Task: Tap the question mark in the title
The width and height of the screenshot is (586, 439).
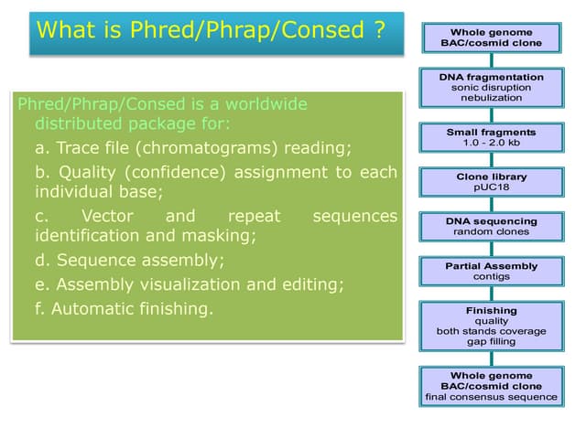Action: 378,29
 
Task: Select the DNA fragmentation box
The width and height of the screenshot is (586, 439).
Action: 492,87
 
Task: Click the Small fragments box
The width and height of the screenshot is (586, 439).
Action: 492,138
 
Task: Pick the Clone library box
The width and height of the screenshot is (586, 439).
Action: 492,181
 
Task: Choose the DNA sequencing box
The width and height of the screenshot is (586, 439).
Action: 492,226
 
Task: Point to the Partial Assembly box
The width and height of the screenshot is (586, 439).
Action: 492,271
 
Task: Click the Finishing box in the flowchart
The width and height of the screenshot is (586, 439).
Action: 492,326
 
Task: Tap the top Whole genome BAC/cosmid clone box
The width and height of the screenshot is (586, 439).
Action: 492,37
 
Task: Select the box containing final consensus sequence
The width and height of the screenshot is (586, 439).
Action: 492,386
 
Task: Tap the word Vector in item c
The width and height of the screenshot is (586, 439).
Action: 107,216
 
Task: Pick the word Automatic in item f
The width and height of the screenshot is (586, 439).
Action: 87,308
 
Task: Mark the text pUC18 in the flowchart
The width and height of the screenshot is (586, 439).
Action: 492,187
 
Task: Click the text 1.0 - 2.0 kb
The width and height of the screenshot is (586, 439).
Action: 492,144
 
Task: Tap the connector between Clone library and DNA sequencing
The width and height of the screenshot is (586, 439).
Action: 492,205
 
